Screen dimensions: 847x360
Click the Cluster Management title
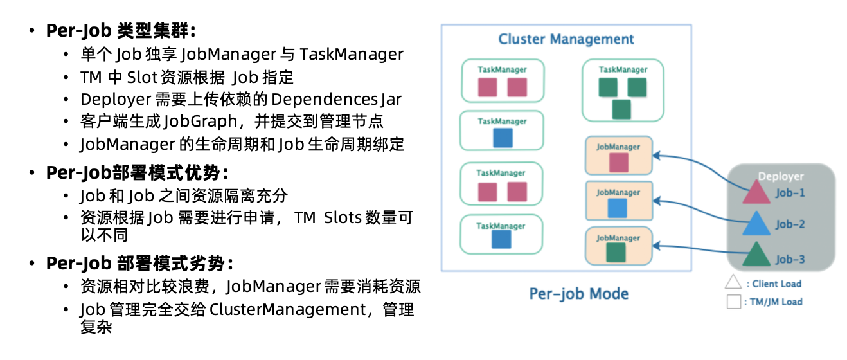(566, 39)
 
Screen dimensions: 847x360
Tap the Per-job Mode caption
(578, 294)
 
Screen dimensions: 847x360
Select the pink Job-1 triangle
(756, 192)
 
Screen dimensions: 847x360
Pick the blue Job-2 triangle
(756, 224)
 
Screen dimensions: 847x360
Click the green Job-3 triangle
(756, 254)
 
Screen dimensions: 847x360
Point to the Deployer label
(781, 176)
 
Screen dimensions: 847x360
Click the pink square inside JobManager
(619, 163)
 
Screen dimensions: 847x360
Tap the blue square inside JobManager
(617, 208)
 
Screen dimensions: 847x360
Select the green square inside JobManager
(616, 253)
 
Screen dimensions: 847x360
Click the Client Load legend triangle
(733, 282)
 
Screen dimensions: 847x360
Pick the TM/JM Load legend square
(734, 301)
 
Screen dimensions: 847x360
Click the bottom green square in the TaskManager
(621, 109)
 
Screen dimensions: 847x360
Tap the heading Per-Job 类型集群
(121, 30)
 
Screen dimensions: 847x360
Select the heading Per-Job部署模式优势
(138, 173)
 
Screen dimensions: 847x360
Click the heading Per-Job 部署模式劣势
(139, 263)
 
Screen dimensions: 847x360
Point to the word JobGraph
(201, 122)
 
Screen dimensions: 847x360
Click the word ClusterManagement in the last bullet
(288, 309)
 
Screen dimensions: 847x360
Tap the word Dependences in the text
(324, 100)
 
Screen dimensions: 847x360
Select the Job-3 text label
(790, 260)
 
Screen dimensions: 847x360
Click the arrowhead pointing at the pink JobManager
(656, 156)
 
